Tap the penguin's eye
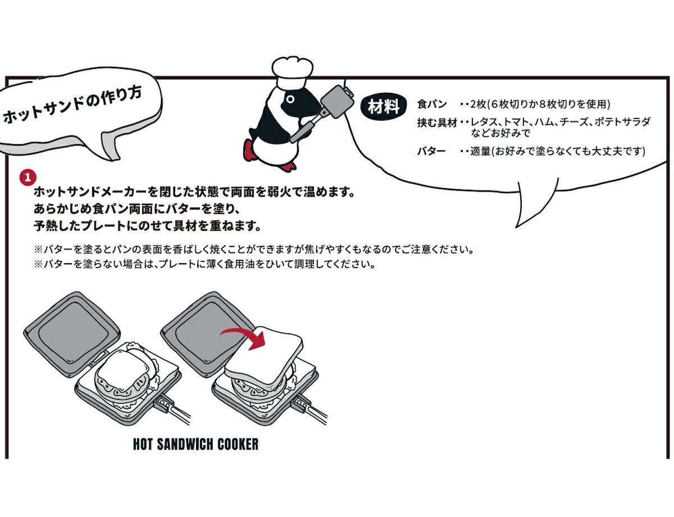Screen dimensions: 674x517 pyautogui.click(x=290, y=99)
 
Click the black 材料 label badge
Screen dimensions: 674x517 pyautogui.click(x=384, y=107)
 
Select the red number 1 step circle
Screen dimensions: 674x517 pyautogui.click(x=28, y=178)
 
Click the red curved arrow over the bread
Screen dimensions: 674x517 pyautogui.click(x=245, y=338)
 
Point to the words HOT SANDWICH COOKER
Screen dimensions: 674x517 pyautogui.click(x=195, y=444)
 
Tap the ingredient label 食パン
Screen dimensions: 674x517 pyautogui.click(x=431, y=104)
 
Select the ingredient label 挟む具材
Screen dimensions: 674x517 pyautogui.click(x=437, y=123)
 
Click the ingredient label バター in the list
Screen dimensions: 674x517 pyautogui.click(x=431, y=151)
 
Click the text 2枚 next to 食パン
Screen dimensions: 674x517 pyautogui.click(x=477, y=104)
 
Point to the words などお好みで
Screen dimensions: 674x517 pyautogui.click(x=500, y=133)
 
